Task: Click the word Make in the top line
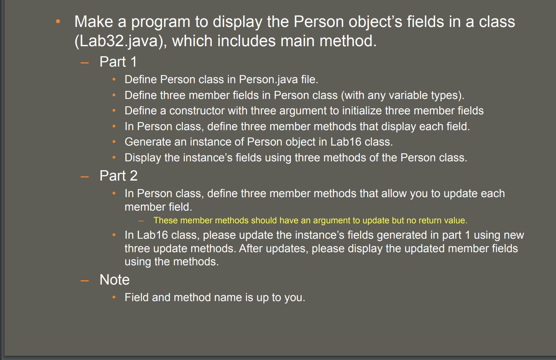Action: click(94, 22)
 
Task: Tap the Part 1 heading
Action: click(118, 62)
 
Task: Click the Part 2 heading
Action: click(119, 176)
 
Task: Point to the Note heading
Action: click(115, 280)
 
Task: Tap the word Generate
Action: click(148, 142)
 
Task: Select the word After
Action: click(250, 248)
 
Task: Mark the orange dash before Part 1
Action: click(85, 62)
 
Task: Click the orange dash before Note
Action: click(85, 280)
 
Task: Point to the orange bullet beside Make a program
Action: click(58, 22)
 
